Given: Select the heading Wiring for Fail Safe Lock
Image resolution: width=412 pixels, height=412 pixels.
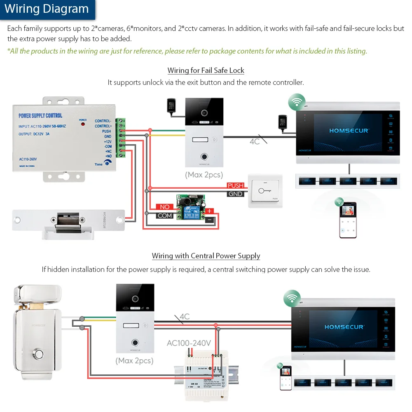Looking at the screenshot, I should (206, 70).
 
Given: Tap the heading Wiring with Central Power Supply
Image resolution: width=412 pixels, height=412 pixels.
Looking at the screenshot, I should (206, 256).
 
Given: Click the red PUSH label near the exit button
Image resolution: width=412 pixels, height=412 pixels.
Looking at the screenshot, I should (236, 186).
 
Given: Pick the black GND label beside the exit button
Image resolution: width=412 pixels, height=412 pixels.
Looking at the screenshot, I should (236, 194).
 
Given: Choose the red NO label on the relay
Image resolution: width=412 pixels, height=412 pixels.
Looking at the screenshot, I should (164, 207).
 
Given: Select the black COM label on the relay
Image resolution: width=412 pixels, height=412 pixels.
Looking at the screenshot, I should (164, 215).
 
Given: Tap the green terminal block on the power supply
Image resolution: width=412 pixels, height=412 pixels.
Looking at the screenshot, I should (120, 138).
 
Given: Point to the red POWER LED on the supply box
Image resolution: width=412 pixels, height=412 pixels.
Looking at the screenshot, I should (83, 124).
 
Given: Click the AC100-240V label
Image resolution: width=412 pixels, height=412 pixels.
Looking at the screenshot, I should (189, 343).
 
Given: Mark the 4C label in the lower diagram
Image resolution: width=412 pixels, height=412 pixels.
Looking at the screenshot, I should (184, 317).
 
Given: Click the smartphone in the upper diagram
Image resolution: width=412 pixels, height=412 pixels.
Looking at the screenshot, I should (348, 220).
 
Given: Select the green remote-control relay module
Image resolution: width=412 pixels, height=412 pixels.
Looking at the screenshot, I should (190, 208).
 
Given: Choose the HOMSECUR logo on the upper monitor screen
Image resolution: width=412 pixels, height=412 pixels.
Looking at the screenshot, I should (349, 130).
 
